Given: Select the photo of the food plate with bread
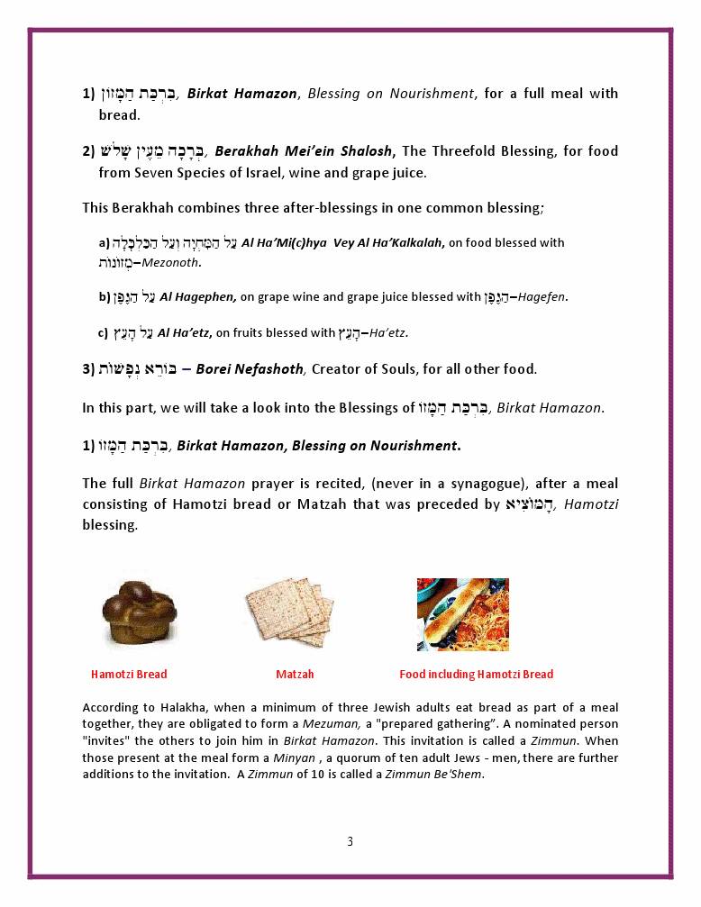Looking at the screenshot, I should tap(462, 614).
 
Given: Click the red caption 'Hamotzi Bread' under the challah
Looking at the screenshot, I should tap(129, 675).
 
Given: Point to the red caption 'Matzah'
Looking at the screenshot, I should tap(295, 675).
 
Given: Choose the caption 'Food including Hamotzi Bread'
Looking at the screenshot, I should tap(476, 675).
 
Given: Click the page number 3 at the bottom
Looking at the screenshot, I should tap(350, 842).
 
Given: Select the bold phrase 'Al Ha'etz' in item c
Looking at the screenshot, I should tap(184, 333).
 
